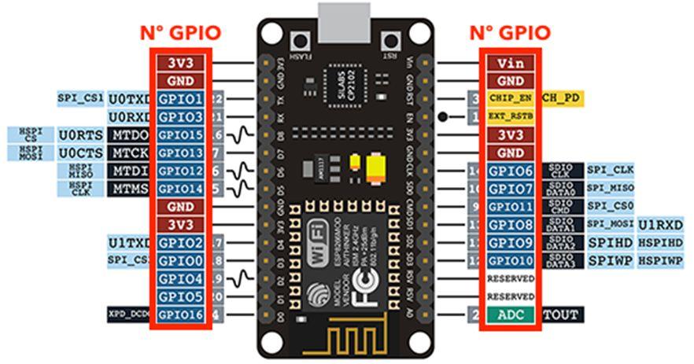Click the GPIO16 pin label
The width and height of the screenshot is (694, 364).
click(182, 315)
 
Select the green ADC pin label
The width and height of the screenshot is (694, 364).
click(511, 315)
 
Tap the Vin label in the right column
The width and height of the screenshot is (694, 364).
click(511, 62)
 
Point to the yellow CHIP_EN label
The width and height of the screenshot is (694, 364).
click(511, 97)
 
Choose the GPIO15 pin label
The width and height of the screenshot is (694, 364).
click(182, 134)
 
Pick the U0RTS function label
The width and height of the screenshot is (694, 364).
click(80, 134)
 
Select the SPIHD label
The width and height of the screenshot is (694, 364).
click(609, 243)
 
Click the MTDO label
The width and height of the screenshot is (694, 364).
click(130, 134)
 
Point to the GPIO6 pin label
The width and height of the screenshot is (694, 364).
click(511, 171)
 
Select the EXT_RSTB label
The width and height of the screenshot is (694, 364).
click(511, 116)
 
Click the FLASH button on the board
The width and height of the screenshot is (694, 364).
click(299, 41)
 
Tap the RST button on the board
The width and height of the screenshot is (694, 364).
click(388, 41)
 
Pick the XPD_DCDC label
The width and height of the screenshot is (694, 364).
click(130, 315)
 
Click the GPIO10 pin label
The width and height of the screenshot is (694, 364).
click(511, 260)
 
